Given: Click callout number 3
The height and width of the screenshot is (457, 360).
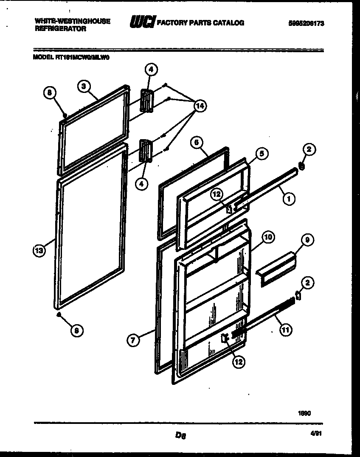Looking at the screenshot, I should [84, 86].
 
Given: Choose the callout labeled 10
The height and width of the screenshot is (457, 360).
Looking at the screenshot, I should [267, 238].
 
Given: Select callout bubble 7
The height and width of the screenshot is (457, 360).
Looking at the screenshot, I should [133, 339].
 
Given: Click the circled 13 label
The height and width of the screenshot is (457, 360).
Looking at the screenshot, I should [39, 251].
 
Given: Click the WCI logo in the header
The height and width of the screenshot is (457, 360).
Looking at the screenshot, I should [142, 22].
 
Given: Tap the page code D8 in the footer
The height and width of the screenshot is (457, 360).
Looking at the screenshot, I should [180, 435].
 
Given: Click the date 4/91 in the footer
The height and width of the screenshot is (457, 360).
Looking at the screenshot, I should [316, 433].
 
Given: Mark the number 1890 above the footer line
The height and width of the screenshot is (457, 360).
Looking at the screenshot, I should [304, 413].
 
